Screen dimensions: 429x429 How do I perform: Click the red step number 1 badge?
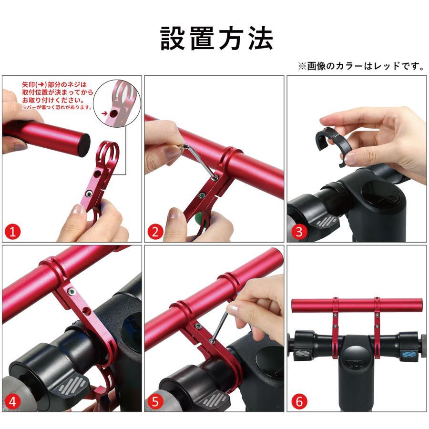(12, 232)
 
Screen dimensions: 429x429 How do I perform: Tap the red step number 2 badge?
(155, 232)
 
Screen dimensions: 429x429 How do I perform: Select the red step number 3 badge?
(299, 232)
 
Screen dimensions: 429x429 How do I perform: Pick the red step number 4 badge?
(12, 402)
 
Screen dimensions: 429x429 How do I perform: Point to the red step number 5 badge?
(155, 402)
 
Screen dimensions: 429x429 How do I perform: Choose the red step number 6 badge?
(299, 402)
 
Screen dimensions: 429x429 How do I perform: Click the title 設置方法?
(216, 39)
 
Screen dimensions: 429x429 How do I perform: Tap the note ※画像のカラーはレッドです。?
(361, 66)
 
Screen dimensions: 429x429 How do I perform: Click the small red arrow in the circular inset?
(104, 113)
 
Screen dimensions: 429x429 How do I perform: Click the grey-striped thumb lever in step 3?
(327, 221)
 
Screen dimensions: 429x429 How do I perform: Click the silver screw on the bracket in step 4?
(71, 292)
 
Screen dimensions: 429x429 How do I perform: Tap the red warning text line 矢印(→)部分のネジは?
(54, 84)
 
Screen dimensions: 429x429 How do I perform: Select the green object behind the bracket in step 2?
(202, 218)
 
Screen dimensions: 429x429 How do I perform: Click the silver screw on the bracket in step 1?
(88, 194)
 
